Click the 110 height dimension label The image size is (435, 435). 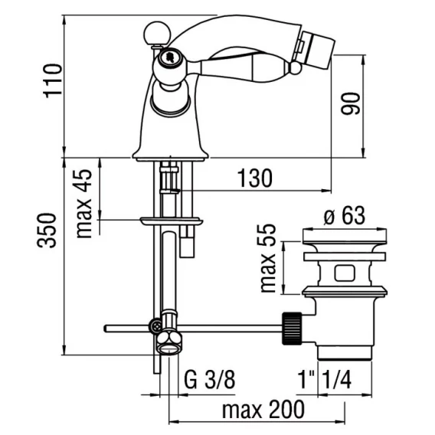pos(52,80)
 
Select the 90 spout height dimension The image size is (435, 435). pos(351,103)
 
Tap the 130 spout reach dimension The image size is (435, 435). pos(255,178)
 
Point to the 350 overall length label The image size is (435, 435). pos(47,230)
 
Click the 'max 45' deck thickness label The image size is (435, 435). pos(83,204)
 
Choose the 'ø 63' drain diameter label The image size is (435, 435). pos(345,215)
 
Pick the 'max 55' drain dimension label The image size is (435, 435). pos(268,258)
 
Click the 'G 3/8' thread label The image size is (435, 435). pos(209,380)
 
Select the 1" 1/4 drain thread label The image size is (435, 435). pos(325,380)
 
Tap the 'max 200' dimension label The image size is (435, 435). pos(263,410)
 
